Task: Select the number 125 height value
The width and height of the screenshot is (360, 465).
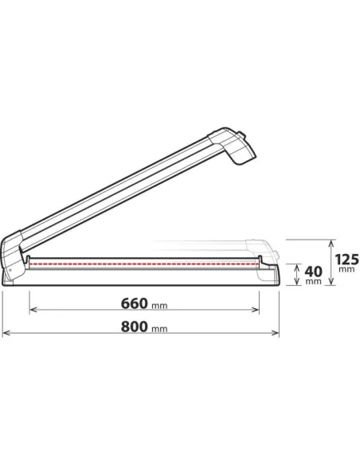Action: (346, 259)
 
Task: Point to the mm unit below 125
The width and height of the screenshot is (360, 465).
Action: (346, 270)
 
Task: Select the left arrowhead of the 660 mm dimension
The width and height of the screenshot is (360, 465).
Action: (33, 311)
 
